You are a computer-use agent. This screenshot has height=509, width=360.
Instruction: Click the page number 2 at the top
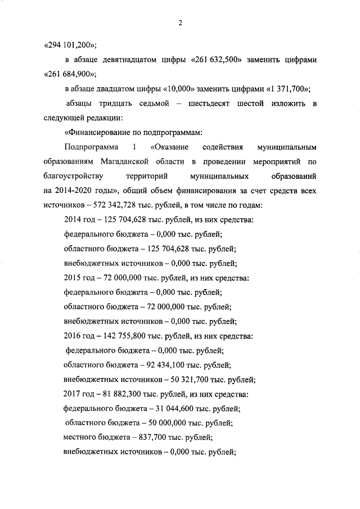coord(180,23)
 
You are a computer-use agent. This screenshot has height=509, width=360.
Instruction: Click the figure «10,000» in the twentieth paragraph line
coord(180,89)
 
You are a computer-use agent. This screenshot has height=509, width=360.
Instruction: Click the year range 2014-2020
coord(78,191)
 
